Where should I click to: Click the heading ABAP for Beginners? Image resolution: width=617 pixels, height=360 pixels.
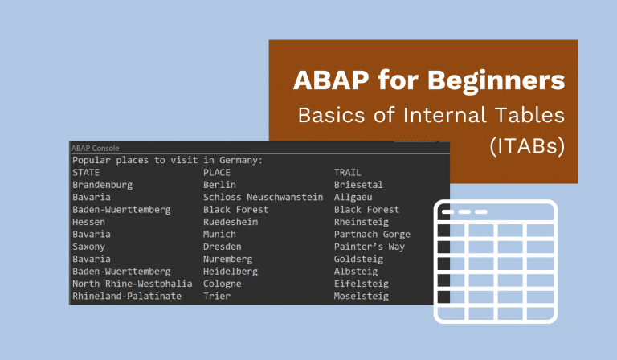click(428, 81)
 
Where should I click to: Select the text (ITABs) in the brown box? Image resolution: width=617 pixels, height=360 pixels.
click(525, 147)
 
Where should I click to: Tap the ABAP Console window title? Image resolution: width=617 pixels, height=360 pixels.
click(95, 148)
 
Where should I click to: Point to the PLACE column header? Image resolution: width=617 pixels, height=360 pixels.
click(217, 172)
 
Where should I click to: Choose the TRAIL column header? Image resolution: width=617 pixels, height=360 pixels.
click(348, 172)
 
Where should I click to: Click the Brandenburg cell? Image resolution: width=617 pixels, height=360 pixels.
click(102, 185)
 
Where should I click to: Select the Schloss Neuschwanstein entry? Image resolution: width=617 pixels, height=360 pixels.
click(263, 197)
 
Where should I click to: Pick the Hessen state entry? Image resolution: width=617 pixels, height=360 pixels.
click(88, 222)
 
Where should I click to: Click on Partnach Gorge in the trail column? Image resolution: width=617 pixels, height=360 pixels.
click(372, 235)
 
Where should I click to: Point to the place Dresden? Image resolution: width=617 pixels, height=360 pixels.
click(223, 247)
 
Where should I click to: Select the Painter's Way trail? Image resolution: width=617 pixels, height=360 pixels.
click(370, 247)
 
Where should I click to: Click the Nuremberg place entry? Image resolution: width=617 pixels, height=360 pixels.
click(227, 260)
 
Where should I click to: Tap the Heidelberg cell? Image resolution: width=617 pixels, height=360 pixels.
click(231, 272)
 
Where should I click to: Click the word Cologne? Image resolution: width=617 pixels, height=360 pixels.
click(223, 284)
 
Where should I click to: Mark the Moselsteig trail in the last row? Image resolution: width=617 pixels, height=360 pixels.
click(362, 297)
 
